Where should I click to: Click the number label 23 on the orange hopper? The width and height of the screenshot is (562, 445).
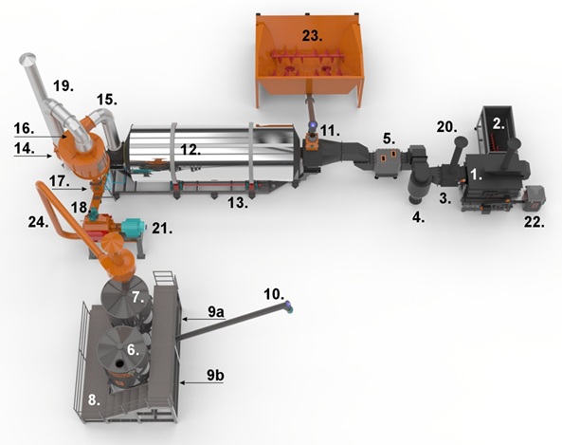(x=312, y=36)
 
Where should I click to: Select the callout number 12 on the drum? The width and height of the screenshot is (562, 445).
(x=190, y=149)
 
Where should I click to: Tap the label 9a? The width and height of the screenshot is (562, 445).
(x=216, y=312)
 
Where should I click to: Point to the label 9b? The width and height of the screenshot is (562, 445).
(x=215, y=376)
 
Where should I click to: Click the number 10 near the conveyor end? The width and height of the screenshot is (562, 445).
(x=274, y=294)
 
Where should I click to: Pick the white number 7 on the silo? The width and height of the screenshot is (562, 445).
(x=138, y=297)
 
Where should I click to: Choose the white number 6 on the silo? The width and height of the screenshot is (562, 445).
(x=133, y=349)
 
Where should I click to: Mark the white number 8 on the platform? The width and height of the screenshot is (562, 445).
(x=94, y=399)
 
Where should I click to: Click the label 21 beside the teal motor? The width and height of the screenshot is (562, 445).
(x=162, y=229)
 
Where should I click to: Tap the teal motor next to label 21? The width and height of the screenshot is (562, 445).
(x=133, y=227)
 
